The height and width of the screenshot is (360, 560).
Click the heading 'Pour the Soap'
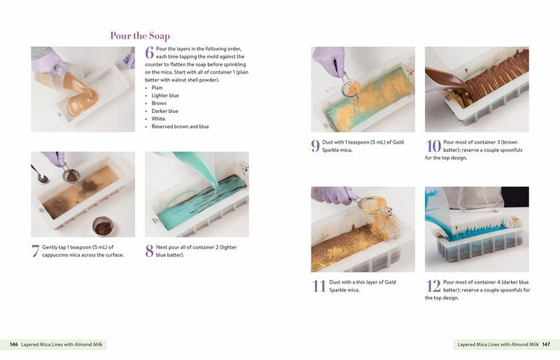(140, 36)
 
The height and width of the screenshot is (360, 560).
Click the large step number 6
(149, 53)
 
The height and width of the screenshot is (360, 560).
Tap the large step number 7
(36, 251)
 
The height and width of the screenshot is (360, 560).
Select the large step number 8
(149, 251)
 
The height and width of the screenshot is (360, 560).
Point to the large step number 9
(315, 146)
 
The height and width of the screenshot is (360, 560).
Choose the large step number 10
(433, 146)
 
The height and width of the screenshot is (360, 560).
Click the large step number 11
(318, 286)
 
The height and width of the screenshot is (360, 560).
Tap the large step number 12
(433, 286)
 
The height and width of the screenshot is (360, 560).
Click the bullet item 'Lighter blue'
(165, 95)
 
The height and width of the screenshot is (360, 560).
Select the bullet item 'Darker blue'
(164, 111)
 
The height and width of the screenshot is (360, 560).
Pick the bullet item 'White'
(158, 118)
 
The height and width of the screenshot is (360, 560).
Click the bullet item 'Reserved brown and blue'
(180, 127)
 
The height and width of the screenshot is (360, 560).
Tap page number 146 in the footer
(14, 345)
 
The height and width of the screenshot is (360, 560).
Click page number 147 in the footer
(546, 345)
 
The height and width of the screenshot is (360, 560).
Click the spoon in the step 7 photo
(40, 174)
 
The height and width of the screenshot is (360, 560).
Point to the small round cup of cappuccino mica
(103, 227)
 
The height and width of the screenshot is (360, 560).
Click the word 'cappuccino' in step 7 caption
(56, 255)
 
